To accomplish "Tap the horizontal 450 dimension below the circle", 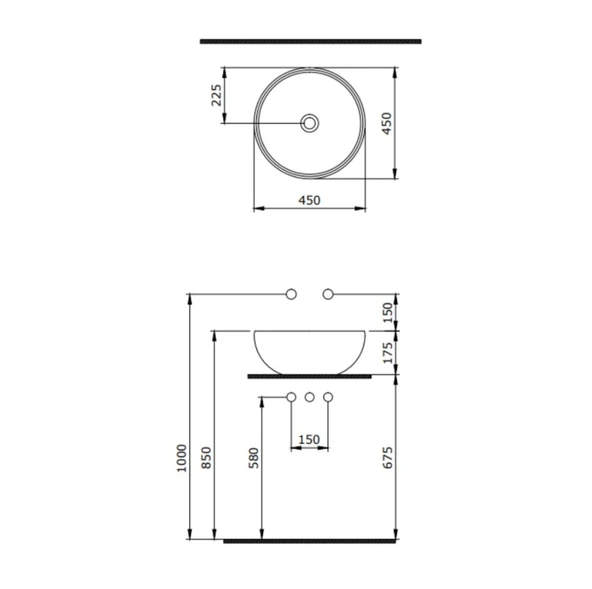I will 309,199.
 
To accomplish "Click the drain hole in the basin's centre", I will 310,124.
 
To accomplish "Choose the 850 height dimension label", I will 206,458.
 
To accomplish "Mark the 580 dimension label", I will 254,459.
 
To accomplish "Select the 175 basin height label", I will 391,352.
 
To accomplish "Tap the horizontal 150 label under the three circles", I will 309,438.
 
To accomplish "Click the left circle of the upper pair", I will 292,294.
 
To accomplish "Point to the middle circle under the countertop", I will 310,398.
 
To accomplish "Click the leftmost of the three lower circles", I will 292,398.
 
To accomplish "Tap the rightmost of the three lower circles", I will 328,398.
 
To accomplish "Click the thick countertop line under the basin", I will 310,376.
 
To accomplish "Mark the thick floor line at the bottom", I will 310,541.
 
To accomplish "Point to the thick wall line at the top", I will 310,42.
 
